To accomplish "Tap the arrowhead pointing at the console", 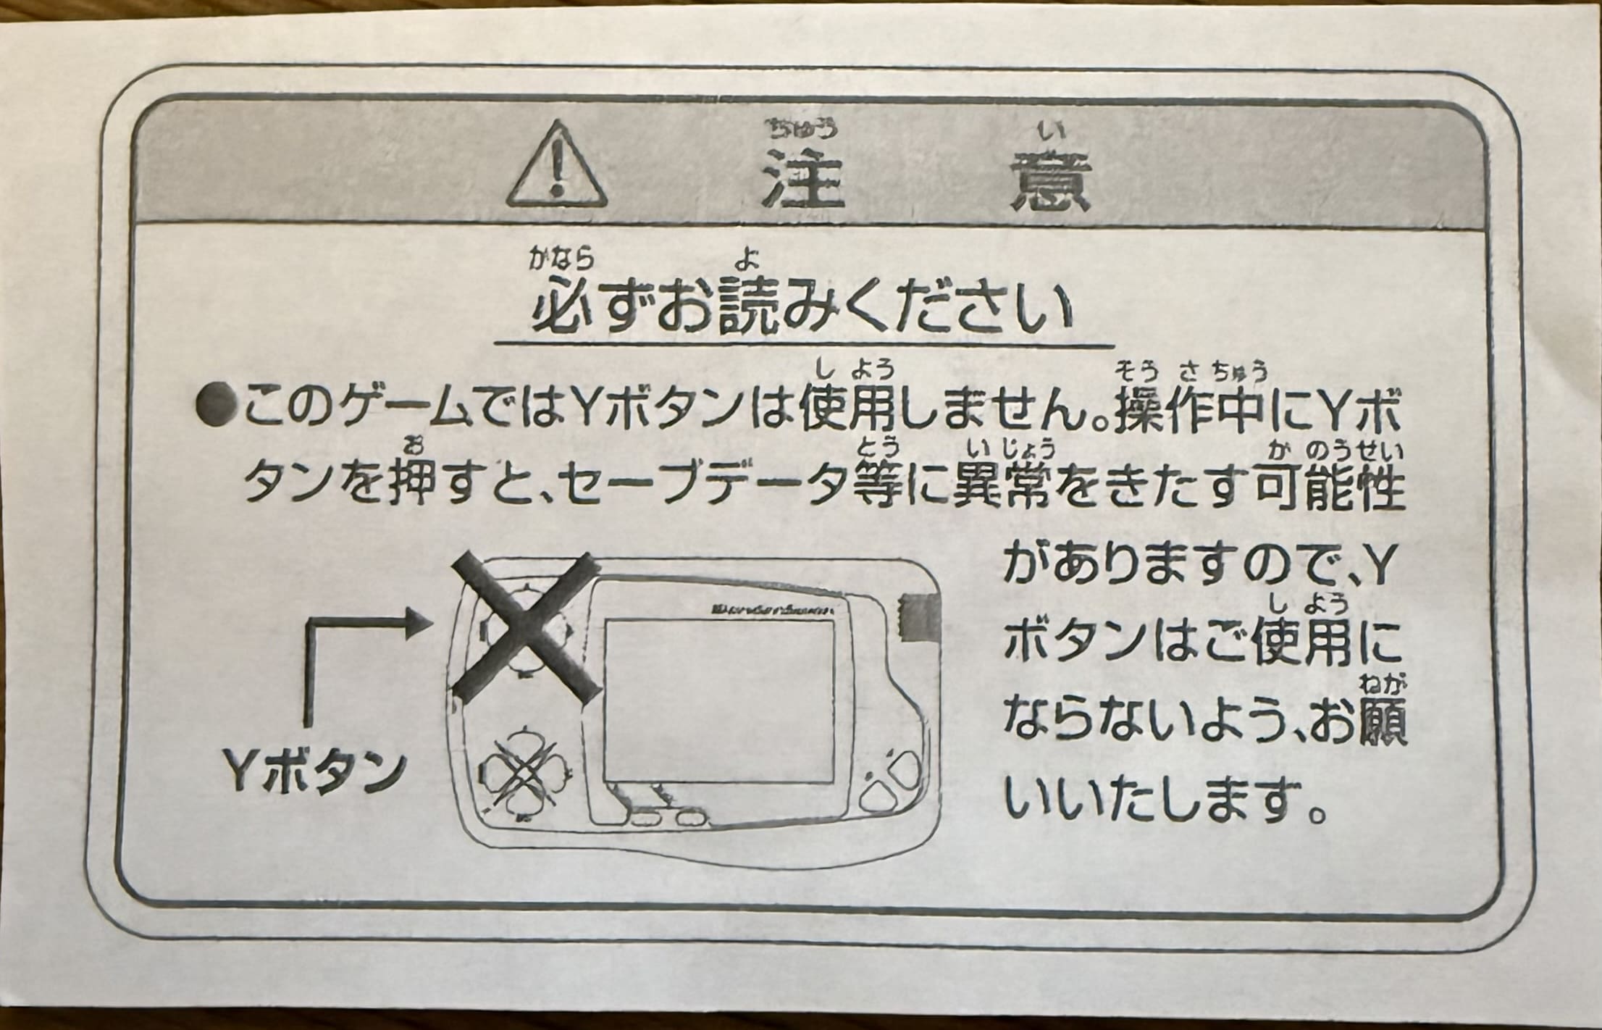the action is [417, 621].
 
